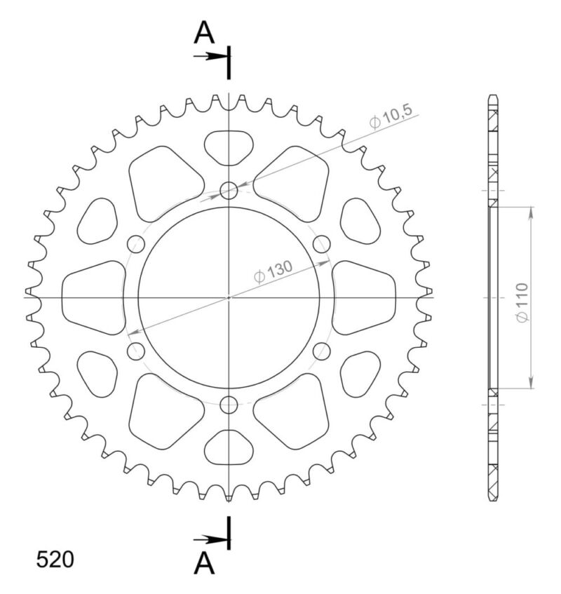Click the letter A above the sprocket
point(203,32)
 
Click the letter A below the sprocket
point(203,562)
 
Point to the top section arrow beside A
point(209,55)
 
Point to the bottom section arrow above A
point(209,539)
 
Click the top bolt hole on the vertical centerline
point(229,190)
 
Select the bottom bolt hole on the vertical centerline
point(229,405)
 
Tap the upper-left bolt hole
point(135,244)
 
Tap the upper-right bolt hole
point(321,244)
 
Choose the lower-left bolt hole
point(135,351)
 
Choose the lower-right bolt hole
point(321,351)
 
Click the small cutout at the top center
point(229,147)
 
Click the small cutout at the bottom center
point(229,447)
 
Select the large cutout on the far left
point(93,297)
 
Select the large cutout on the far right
point(364,297)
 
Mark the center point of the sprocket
point(229,297)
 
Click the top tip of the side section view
point(494,95)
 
